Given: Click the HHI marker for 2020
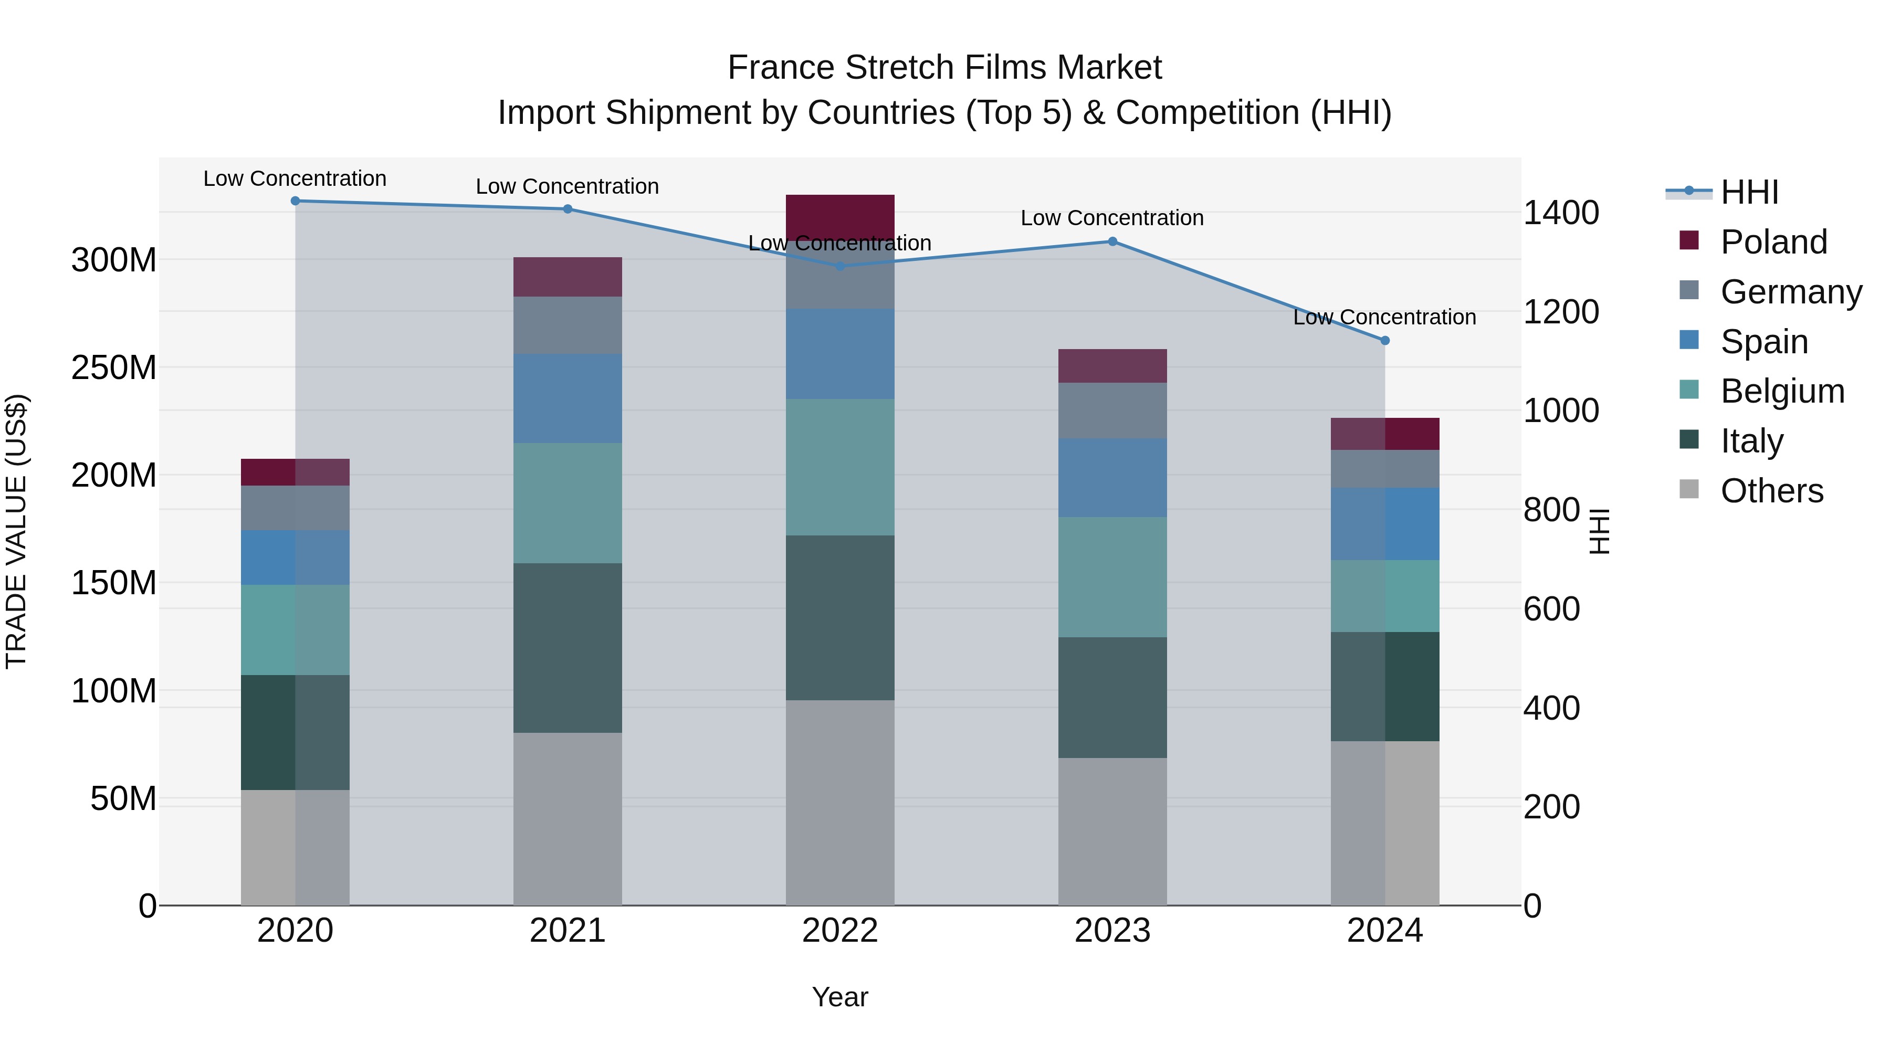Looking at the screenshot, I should point(295,201).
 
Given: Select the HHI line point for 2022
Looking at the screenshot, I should point(840,266).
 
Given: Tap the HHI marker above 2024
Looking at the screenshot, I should point(1384,340).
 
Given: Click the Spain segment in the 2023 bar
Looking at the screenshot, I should point(1112,478).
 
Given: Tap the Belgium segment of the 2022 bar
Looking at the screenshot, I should point(840,467).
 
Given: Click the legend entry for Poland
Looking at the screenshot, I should point(1773,242).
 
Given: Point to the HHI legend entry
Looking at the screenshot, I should point(1749,192).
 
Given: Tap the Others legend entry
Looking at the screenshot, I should point(1771,491).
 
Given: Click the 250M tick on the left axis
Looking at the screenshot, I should point(114,367).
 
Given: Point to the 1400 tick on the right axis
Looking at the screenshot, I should point(1561,213).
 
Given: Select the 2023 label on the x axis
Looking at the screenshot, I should point(1112,931).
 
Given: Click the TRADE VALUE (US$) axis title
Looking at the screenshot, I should point(16,531).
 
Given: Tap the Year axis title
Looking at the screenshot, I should point(840,997).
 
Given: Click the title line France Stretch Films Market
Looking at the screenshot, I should point(944,68).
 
